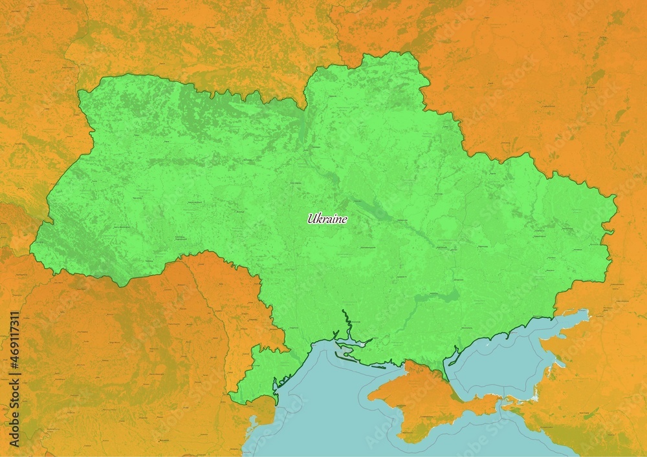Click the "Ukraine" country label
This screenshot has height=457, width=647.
[x=327, y=219]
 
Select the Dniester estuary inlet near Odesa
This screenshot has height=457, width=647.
[x=276, y=385]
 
